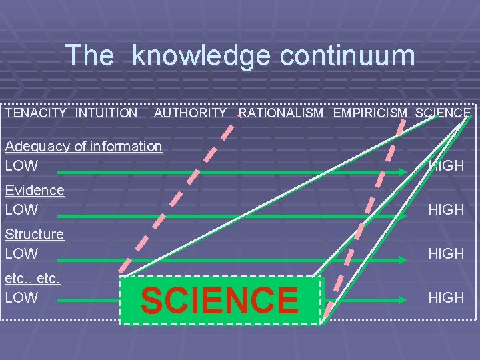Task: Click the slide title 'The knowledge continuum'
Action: click(x=240, y=55)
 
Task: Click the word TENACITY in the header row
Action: click(x=36, y=113)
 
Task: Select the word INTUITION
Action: click(x=106, y=113)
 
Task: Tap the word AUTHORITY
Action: click(x=191, y=113)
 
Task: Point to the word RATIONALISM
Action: click(x=281, y=113)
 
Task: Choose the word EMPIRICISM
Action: click(x=370, y=113)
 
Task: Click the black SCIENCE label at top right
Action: click(x=442, y=113)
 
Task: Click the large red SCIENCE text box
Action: click(x=220, y=300)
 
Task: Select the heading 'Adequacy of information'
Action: click(x=83, y=147)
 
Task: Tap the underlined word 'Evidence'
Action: click(x=35, y=191)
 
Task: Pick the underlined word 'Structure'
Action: click(x=35, y=235)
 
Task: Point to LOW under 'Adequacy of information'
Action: click(x=21, y=165)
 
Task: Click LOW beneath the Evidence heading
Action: click(x=21, y=209)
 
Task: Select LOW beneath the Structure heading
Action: click(x=21, y=253)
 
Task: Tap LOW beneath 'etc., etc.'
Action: click(x=21, y=297)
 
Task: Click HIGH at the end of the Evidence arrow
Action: click(x=446, y=209)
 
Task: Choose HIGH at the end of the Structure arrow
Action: click(x=446, y=253)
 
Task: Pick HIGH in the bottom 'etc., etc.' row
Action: click(x=446, y=297)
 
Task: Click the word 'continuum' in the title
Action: click(x=347, y=55)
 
